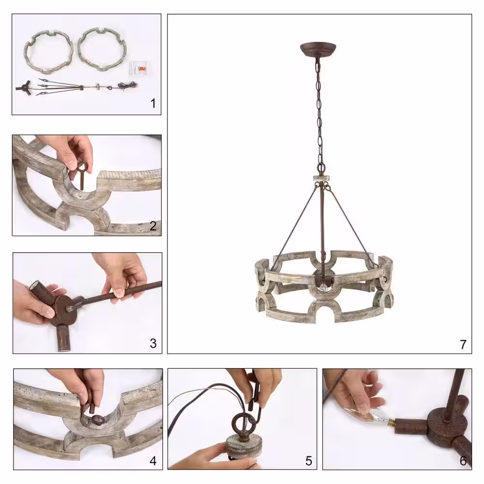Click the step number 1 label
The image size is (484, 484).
[x=153, y=103]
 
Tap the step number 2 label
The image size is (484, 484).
[x=153, y=226]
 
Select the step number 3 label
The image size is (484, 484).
[x=153, y=343]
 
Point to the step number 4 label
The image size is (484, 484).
[x=153, y=461]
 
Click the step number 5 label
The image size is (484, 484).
[x=309, y=461]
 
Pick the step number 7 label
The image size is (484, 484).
[x=463, y=344]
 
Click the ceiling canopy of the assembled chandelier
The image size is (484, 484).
[x=318, y=49]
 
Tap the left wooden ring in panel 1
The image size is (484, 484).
[x=49, y=51]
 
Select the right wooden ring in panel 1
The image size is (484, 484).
[x=102, y=49]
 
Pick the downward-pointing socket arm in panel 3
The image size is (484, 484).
[x=64, y=338]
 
